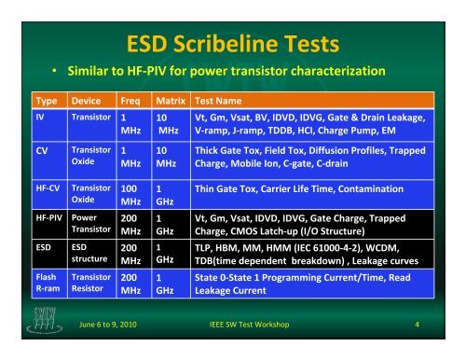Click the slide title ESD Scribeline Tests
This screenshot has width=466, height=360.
(234, 40)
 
